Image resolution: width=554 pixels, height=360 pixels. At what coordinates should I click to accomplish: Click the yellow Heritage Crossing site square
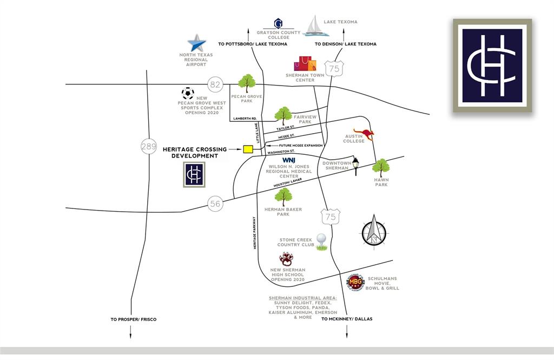tap(248, 149)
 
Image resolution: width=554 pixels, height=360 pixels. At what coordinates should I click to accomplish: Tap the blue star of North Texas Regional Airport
tap(196, 43)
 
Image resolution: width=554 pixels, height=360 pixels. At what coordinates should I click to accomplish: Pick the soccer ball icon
tap(188, 93)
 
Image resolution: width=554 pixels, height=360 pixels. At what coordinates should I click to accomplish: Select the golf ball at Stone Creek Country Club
tap(322, 240)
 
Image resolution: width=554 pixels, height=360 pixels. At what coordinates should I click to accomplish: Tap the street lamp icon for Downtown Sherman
tap(355, 166)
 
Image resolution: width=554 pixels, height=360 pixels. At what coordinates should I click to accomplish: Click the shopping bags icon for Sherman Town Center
tap(305, 63)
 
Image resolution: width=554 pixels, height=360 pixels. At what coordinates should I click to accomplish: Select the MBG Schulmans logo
tap(355, 282)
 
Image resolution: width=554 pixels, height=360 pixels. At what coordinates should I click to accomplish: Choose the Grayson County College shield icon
tap(279, 23)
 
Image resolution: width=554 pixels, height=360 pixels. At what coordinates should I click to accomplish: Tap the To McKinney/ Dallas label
tap(347, 319)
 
